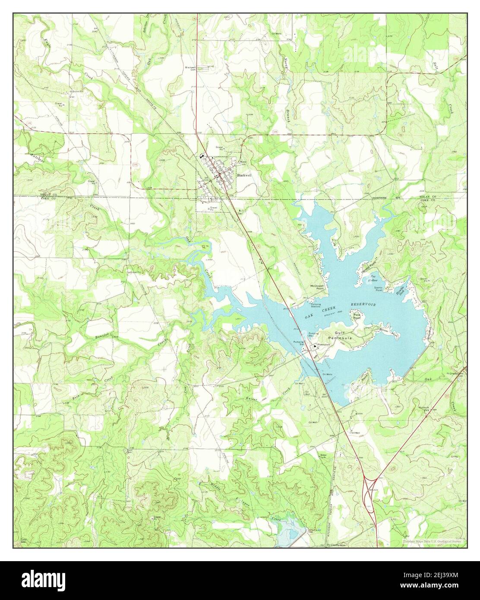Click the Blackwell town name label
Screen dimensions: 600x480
click(244, 175)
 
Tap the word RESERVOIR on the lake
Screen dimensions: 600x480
click(363, 305)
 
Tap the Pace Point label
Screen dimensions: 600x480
click(357, 316)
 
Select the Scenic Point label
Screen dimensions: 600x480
click(379, 289)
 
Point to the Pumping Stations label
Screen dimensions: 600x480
click(316, 305)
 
